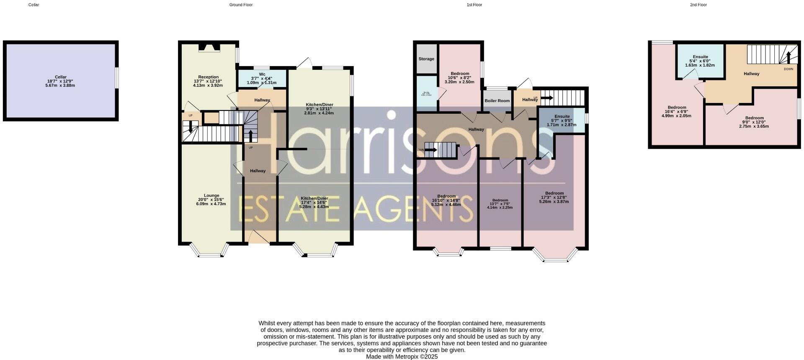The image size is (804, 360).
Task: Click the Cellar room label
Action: click(61, 77)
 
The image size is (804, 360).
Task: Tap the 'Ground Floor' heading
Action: click(241, 5)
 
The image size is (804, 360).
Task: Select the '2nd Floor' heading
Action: click(698, 5)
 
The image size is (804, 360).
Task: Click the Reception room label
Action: click(208, 77)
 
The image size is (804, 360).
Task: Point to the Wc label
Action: click(262, 74)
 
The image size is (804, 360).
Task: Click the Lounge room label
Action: click(211, 195)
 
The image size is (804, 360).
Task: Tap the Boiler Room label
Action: click(497, 101)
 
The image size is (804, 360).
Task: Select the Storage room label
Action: click(426, 59)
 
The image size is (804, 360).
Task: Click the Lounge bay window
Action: click(211, 252)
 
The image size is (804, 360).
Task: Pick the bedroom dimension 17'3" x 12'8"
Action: click(554, 198)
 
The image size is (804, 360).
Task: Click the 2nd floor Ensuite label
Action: click(700, 57)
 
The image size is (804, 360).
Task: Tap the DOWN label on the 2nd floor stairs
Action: click(788, 69)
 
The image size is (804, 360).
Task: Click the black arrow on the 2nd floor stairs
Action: click(788, 57)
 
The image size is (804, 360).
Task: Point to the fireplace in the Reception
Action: click(209, 47)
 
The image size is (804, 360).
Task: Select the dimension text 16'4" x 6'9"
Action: click(677, 112)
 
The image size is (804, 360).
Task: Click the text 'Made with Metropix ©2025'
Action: click(402, 357)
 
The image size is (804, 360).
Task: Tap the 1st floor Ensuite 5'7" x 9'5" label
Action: click(562, 116)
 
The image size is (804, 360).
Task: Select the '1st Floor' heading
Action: click(474, 5)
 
